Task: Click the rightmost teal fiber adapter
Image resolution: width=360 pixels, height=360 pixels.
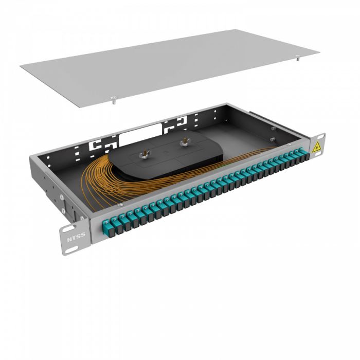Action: coord(302,153)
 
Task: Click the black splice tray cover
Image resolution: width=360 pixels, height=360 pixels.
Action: coord(165,157)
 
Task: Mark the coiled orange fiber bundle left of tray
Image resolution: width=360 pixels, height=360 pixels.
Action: coord(95,177)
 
